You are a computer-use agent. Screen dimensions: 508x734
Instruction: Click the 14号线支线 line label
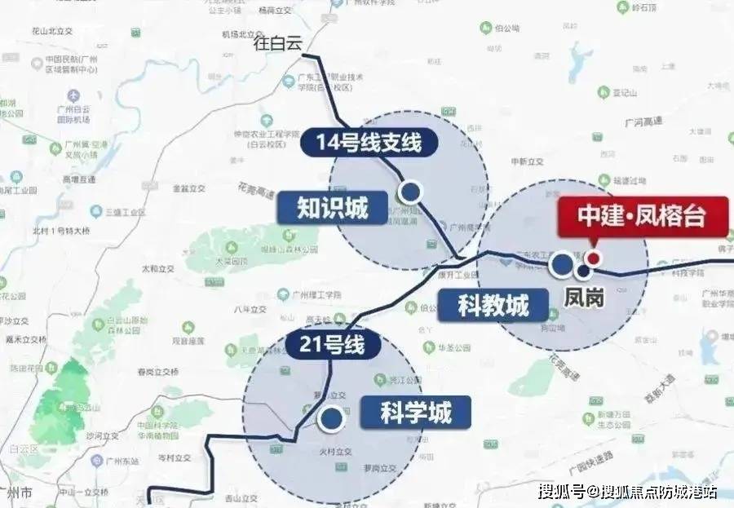tap(369, 143)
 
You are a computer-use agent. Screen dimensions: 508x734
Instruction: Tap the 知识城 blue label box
tap(332, 208)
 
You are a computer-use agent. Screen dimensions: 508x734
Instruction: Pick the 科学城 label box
tap(415, 412)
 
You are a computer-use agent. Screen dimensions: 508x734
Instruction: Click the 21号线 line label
tap(333, 345)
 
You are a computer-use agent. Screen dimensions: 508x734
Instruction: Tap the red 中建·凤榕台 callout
tap(641, 216)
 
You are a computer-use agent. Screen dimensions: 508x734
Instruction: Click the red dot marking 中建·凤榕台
tap(595, 258)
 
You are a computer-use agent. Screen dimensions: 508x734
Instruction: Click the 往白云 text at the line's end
tap(278, 43)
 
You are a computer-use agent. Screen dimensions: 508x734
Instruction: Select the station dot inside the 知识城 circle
tap(411, 192)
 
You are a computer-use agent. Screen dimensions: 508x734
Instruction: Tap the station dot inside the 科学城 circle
tap(330, 420)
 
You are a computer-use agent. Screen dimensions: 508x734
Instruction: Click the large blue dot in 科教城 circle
tap(561, 264)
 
